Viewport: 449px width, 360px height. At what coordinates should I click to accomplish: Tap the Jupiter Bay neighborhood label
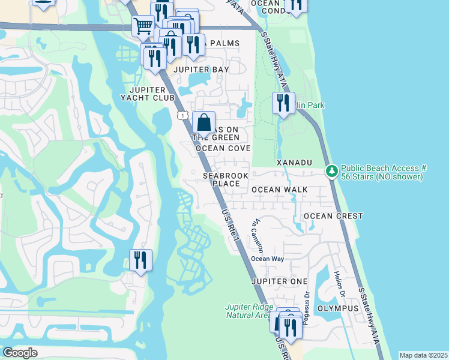(x=201, y=70)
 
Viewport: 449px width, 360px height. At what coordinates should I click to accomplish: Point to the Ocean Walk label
(x=279, y=190)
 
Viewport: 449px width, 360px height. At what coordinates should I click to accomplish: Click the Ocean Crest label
(x=333, y=216)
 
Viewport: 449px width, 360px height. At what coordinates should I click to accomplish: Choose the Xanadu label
(x=295, y=163)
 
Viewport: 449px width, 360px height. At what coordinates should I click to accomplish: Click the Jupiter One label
(x=280, y=281)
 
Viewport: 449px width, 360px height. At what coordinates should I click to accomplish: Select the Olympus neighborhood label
(x=337, y=308)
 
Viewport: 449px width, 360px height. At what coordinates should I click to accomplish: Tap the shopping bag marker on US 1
(x=204, y=122)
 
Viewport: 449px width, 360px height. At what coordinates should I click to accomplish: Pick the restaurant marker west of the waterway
(x=140, y=260)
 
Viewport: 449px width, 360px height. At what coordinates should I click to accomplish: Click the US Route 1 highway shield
(x=181, y=115)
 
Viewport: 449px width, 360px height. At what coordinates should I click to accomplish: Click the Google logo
(x=20, y=353)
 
